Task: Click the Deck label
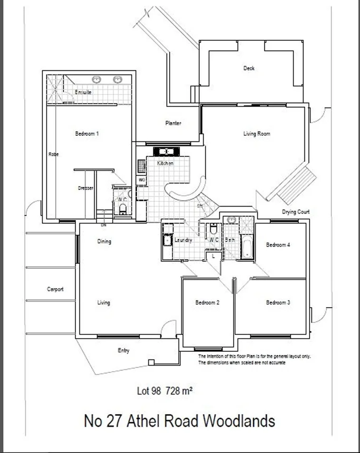pos(249,68)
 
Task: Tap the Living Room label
pos(256,134)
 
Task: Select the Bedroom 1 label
pos(87,134)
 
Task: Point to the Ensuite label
pos(83,92)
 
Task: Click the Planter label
pos(173,123)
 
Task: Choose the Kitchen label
pos(165,163)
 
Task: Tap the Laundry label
pos(183,241)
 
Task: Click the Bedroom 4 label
pos(278,245)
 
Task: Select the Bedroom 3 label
pos(278,302)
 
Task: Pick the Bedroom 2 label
pos(207,302)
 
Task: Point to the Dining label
pos(104,242)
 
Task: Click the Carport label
pos(55,289)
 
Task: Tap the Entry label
pos(123,351)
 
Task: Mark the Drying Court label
pos(295,212)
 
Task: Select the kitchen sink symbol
pos(166,152)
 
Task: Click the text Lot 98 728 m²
pos(164,391)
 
